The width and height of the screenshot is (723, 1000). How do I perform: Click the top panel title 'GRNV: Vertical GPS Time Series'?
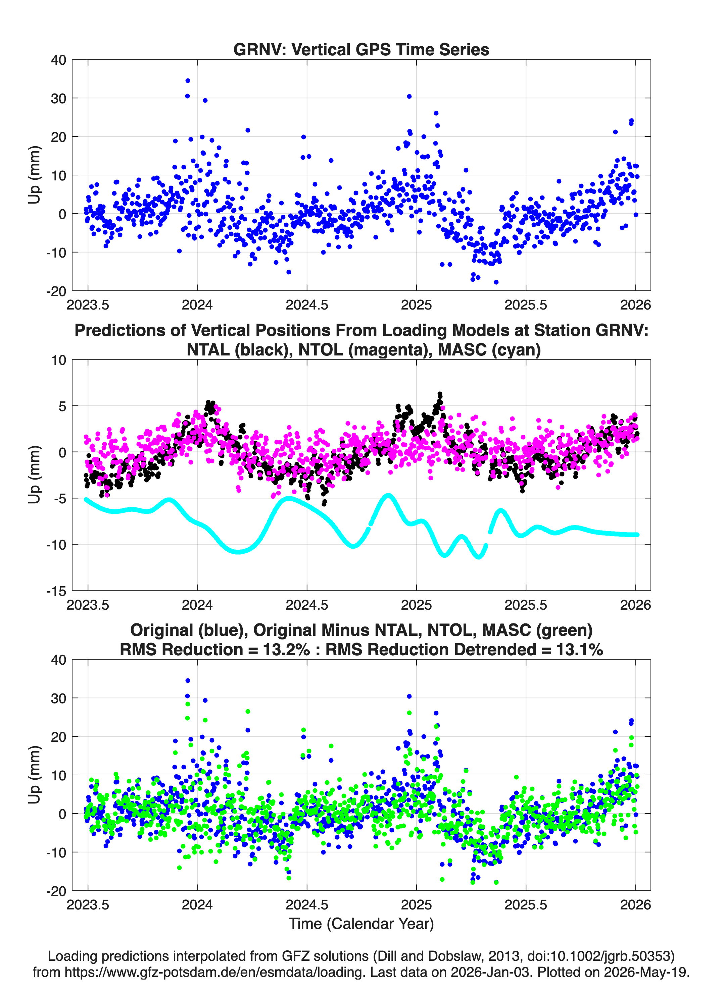(361, 49)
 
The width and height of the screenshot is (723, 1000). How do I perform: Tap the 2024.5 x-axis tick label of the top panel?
(307, 305)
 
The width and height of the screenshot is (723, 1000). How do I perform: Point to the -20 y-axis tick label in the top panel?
(56, 291)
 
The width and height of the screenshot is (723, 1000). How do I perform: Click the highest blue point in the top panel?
(188, 81)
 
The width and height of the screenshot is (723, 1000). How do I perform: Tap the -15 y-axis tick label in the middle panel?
(56, 591)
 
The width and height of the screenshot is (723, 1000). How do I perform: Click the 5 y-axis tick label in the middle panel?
(62, 406)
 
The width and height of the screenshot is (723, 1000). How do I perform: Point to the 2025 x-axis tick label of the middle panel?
(416, 605)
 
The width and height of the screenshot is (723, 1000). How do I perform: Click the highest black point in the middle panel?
(440, 394)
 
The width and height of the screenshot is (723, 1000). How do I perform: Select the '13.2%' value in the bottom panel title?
(287, 650)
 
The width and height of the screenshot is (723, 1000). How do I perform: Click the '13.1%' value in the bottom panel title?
(580, 650)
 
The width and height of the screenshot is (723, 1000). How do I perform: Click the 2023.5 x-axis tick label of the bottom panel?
(88, 905)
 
